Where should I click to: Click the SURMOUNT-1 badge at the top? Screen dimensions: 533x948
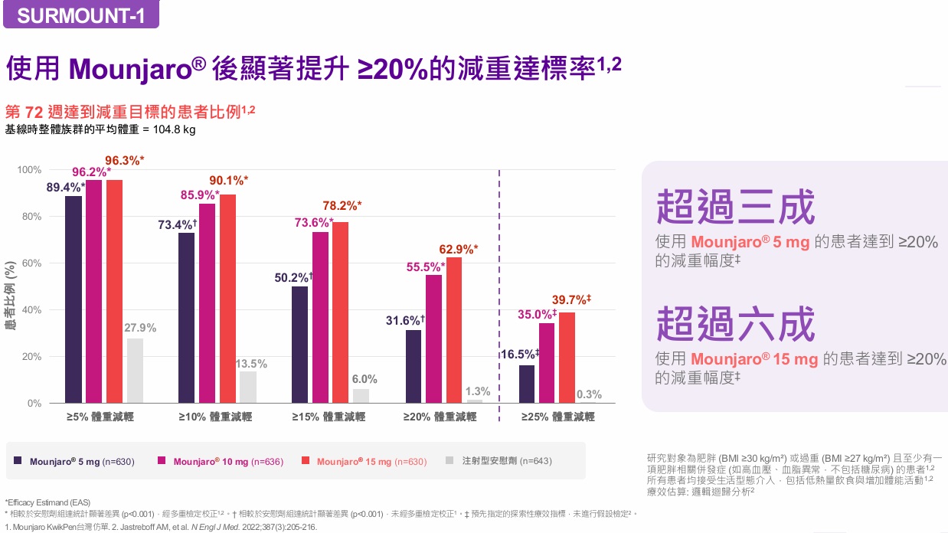point(80,15)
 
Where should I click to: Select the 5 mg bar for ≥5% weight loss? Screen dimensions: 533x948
point(74,299)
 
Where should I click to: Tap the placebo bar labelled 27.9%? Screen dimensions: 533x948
point(135,371)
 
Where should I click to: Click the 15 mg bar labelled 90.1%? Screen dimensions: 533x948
point(227,299)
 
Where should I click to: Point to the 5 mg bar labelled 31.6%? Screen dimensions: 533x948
point(414,366)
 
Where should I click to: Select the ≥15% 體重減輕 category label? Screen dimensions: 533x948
point(329,417)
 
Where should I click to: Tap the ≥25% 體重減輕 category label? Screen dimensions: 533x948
point(557,417)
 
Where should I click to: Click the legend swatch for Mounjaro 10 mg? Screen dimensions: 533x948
point(162,461)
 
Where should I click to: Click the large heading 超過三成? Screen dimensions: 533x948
point(735,208)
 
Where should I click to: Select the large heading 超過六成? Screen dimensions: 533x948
point(735,324)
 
